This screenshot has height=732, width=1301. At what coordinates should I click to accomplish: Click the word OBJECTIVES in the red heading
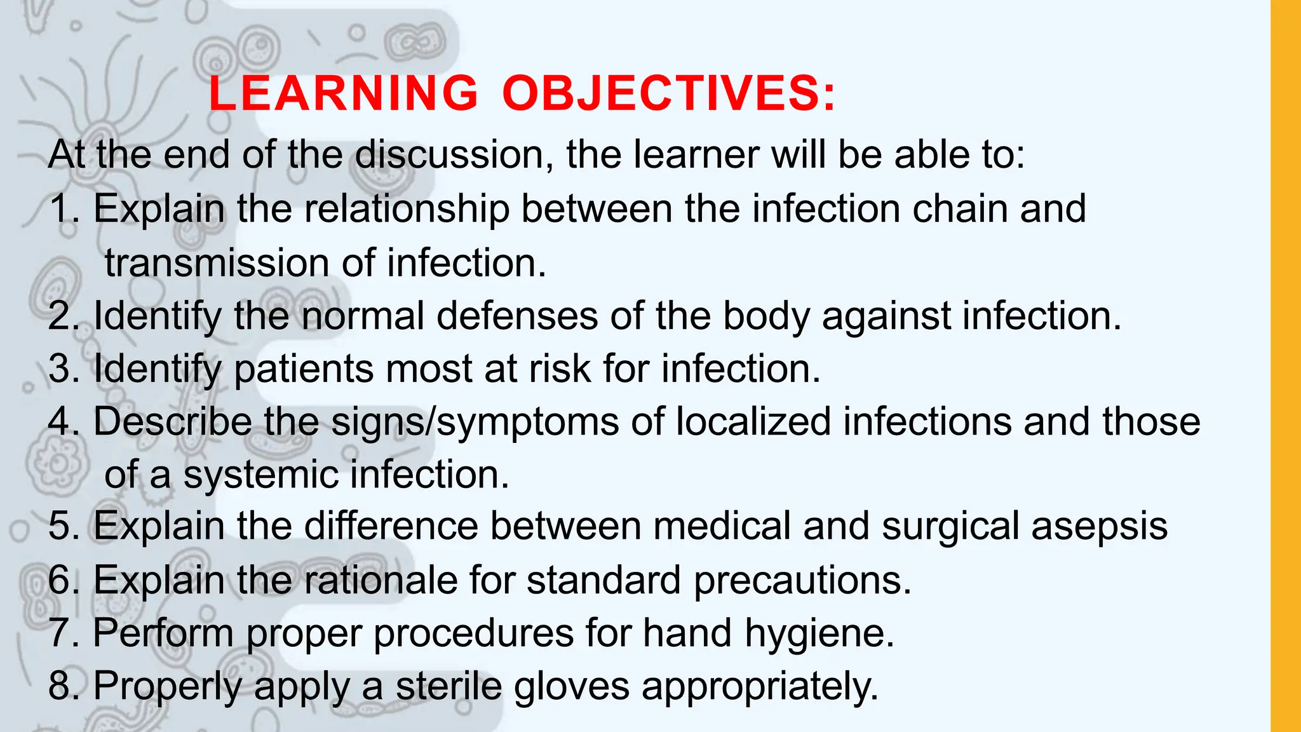coord(668,94)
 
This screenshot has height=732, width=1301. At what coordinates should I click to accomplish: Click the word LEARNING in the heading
coord(343,94)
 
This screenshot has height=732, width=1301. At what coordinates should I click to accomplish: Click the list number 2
coord(62,316)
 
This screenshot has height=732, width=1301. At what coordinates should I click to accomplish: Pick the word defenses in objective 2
coord(516,316)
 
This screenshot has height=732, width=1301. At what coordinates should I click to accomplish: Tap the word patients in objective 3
coord(304,369)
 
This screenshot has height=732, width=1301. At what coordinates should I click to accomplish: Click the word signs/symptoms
coord(475,422)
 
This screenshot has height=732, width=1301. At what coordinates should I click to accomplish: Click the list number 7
coord(62,634)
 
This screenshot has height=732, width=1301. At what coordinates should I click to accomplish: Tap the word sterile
coord(448,687)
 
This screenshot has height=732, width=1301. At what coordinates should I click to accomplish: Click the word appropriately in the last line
coord(760,687)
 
